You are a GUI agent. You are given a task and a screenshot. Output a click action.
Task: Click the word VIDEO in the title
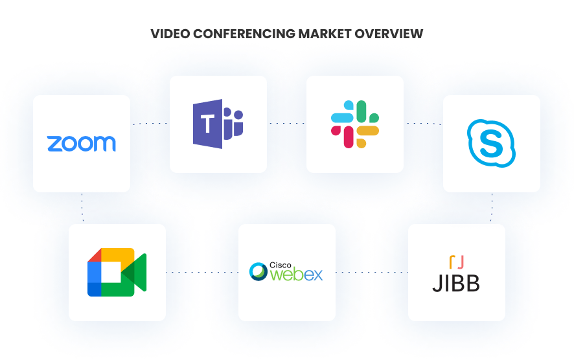tap(170, 34)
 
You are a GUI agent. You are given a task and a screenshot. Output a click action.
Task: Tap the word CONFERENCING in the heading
tap(244, 34)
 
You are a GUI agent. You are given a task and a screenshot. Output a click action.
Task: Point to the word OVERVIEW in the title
tap(389, 34)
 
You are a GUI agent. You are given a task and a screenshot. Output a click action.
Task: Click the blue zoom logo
tap(81, 143)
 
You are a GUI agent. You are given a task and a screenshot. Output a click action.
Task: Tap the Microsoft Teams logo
tap(218, 124)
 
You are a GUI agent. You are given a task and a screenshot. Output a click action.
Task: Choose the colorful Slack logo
tap(355, 124)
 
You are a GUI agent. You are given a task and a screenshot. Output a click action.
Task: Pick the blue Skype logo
tap(491, 143)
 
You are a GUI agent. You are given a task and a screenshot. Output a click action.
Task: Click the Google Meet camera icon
tap(117, 272)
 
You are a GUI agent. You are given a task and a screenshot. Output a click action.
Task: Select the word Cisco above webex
tap(281, 265)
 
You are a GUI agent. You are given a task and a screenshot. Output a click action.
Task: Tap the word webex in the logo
tap(297, 275)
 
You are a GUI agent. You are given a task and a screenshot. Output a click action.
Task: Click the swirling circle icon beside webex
tap(258, 271)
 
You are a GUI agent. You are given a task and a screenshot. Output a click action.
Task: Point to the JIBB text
tap(456, 284)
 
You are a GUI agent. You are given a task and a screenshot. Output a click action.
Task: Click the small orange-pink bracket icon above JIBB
tap(457, 262)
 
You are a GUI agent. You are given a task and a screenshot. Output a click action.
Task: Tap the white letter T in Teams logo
tap(207, 124)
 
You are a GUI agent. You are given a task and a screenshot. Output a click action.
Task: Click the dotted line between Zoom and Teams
tap(150, 124)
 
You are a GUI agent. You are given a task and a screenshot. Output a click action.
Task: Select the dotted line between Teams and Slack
tap(287, 123)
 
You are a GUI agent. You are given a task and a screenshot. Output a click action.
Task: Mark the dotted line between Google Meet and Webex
tap(202, 272)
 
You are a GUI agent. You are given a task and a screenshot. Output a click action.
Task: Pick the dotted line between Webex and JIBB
tap(372, 272)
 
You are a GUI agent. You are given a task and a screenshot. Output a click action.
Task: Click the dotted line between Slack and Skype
tap(424, 124)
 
